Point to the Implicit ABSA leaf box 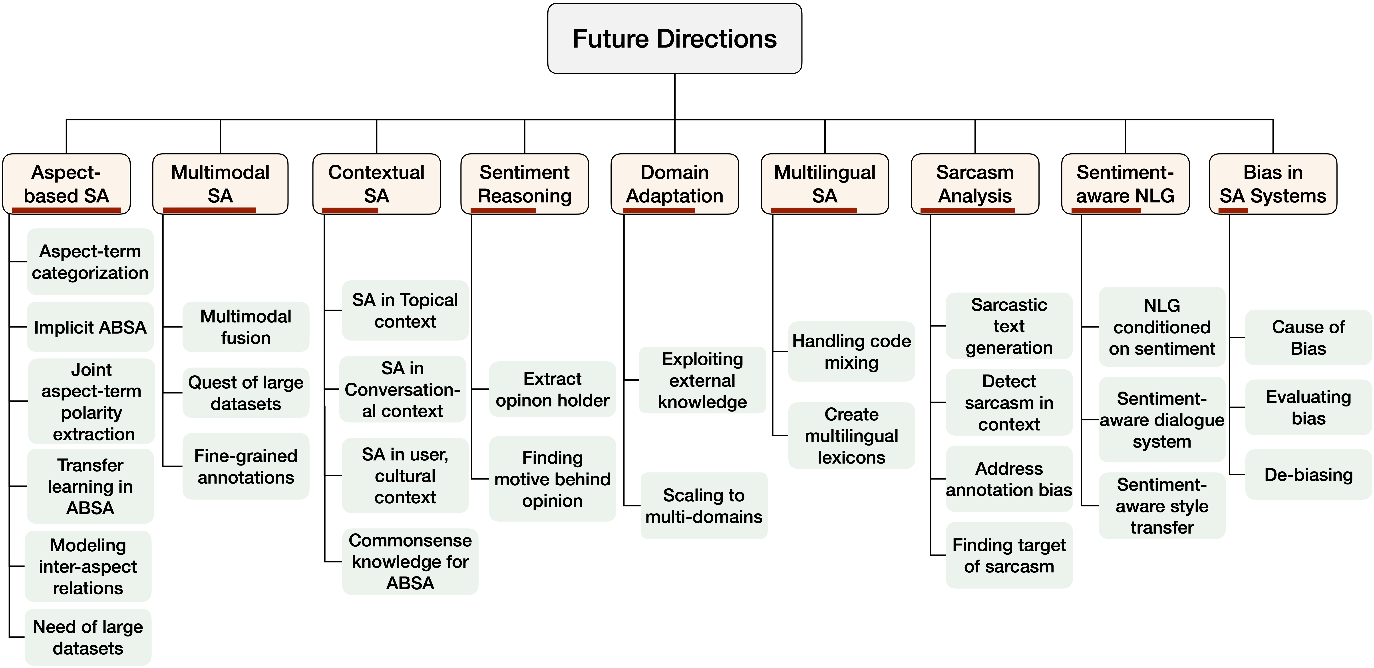point(90,327)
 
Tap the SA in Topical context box point(405,310)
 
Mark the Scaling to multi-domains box point(704,506)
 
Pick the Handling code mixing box point(851,352)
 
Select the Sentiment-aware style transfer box point(1162,506)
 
